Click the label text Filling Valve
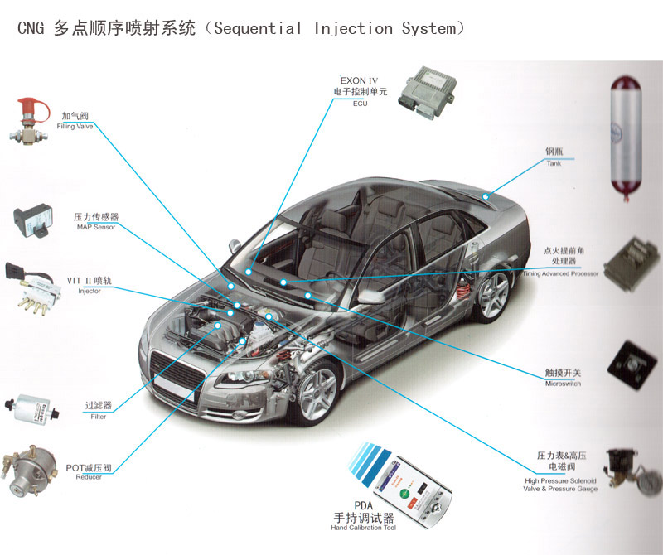tap(75, 127)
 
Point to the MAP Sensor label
tap(96, 227)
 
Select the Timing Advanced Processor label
tap(559, 273)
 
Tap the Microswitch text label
tap(563, 384)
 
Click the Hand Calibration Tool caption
tap(364, 528)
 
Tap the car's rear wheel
tap(492, 295)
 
